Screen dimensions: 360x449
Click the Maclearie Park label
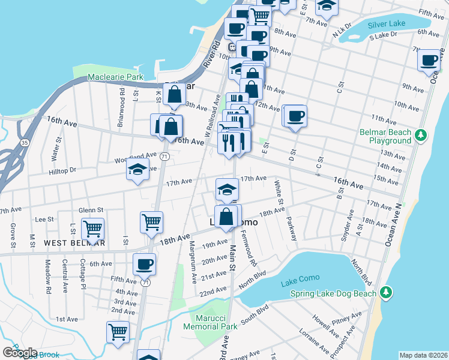(x=115, y=77)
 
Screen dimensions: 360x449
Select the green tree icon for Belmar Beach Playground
(x=422, y=136)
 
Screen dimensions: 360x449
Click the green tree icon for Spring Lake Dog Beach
(x=387, y=293)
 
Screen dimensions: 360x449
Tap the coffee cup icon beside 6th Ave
(x=144, y=263)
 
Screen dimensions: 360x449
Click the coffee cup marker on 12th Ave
(x=295, y=116)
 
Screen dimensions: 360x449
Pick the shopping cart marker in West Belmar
(x=92, y=228)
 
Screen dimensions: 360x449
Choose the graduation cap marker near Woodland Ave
(x=137, y=170)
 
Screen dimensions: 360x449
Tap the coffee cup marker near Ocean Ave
(x=429, y=60)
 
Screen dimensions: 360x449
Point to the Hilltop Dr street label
(x=63, y=170)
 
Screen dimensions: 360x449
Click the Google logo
(x=20, y=353)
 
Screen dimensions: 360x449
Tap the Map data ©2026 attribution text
(x=423, y=355)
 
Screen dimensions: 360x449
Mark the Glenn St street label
(x=91, y=210)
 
